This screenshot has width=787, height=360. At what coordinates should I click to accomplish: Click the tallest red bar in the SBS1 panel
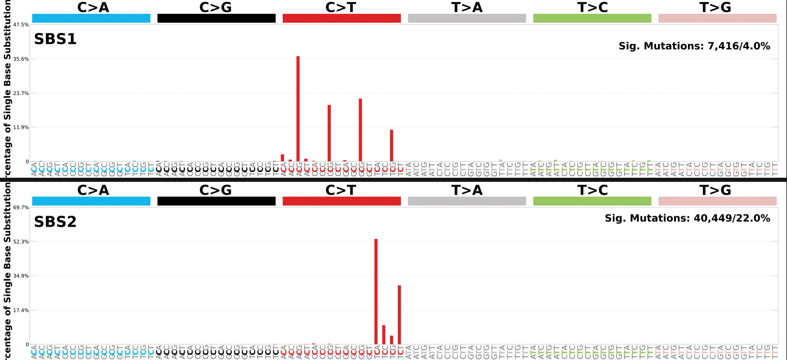[x=298, y=109]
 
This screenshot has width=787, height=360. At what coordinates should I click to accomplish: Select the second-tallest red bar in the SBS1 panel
[x=360, y=130]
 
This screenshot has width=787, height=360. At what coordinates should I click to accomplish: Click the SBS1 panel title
[x=55, y=39]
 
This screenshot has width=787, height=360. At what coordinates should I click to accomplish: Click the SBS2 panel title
[x=55, y=222]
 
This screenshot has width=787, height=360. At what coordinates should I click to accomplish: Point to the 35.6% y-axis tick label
[x=21, y=59]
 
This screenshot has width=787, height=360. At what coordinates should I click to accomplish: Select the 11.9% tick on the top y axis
[x=21, y=127]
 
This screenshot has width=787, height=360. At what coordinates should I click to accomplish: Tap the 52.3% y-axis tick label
[x=21, y=242]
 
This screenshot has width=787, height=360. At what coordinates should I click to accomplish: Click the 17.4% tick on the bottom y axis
[x=21, y=310]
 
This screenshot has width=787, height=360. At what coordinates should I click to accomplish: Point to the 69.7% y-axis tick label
[x=21, y=207]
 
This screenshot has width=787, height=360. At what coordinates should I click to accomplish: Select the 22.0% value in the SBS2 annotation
[x=753, y=218]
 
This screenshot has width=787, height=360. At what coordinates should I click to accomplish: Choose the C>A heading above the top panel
[x=93, y=7]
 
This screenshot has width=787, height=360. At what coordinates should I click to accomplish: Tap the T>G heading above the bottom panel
[x=715, y=190]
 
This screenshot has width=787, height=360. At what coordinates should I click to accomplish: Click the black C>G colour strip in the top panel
[x=216, y=18]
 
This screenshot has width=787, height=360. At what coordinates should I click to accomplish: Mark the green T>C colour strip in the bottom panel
[x=592, y=201]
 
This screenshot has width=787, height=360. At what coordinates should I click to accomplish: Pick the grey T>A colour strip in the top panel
[x=467, y=18]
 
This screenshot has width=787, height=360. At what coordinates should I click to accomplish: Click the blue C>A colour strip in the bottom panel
[x=91, y=201]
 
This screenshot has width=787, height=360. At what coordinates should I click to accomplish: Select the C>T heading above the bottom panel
[x=341, y=190]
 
